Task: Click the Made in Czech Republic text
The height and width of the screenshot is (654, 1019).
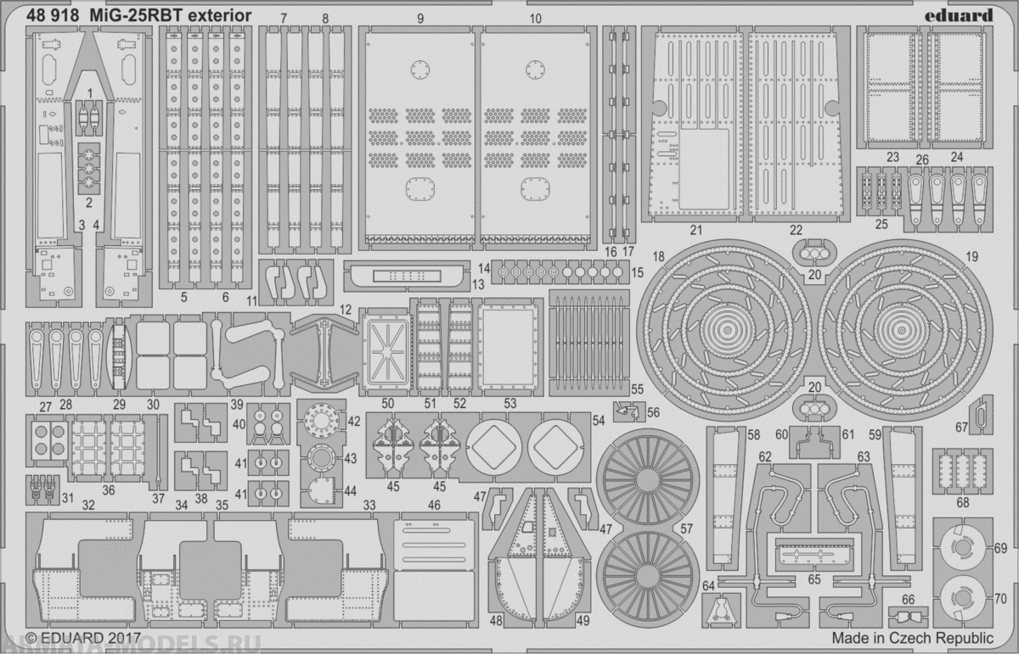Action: tap(912, 637)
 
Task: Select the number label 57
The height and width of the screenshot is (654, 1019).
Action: tap(684, 528)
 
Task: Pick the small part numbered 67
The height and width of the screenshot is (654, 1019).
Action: tap(980, 415)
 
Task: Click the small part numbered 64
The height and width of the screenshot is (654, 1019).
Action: tap(720, 610)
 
